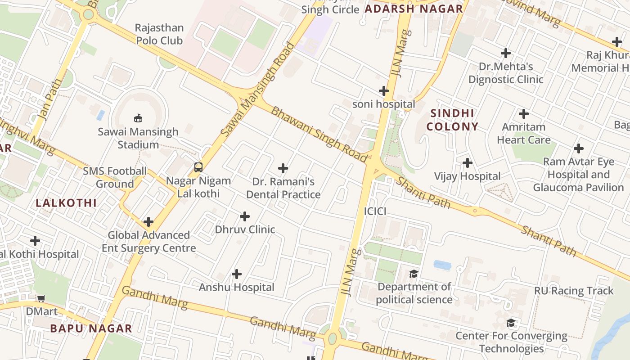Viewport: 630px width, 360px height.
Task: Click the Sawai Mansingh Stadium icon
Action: [x=138, y=118]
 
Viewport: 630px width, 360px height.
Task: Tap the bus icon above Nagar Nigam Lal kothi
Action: [x=198, y=167]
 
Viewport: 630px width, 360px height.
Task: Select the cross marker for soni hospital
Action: [x=384, y=91]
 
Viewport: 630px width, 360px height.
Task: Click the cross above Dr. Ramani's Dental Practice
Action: [x=283, y=168]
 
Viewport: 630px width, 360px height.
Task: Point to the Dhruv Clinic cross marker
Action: [x=245, y=216]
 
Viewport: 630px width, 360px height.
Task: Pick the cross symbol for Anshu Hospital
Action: [x=237, y=274]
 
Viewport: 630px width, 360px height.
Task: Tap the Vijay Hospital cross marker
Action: [x=468, y=162]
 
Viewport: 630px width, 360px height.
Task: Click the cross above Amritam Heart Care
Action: [x=524, y=113]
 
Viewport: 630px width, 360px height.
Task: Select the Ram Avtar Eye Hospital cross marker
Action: [x=579, y=148]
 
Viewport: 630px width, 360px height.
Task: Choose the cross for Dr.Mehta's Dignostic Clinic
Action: [x=506, y=53]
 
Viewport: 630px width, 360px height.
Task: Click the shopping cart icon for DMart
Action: [x=41, y=298]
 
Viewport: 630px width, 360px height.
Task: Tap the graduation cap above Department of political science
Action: [x=414, y=274]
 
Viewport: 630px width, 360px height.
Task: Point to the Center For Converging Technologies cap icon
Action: [x=511, y=323]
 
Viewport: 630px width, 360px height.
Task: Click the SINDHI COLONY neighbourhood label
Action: [x=452, y=120]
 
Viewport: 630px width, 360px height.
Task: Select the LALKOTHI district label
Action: [x=66, y=203]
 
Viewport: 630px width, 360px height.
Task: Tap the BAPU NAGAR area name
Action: [x=91, y=328]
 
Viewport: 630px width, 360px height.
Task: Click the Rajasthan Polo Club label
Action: [x=159, y=34]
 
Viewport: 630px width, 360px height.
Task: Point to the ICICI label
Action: [x=375, y=211]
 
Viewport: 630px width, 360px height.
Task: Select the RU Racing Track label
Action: [x=574, y=291]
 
